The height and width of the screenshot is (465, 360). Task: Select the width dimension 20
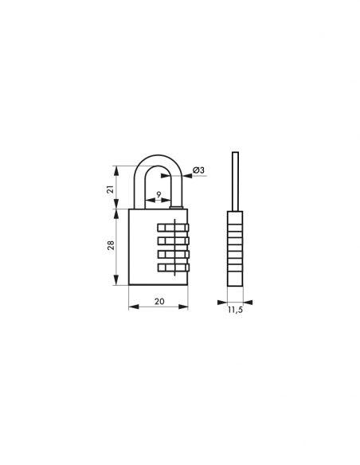(x=158, y=302)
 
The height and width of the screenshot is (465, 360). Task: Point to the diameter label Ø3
(x=200, y=170)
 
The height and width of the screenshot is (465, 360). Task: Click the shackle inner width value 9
(x=158, y=193)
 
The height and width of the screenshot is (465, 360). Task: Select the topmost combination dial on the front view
(x=174, y=227)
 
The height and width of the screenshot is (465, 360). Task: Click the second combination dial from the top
(x=174, y=240)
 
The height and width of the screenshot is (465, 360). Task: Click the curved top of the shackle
(x=158, y=159)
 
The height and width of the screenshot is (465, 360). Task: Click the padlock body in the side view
(x=235, y=248)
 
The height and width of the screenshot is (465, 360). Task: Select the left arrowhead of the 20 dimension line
(x=131, y=307)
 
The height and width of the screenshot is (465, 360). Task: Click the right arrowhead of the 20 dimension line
(x=186, y=307)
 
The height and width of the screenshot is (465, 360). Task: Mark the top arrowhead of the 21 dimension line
(x=117, y=168)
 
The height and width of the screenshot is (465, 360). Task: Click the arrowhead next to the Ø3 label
(x=188, y=176)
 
